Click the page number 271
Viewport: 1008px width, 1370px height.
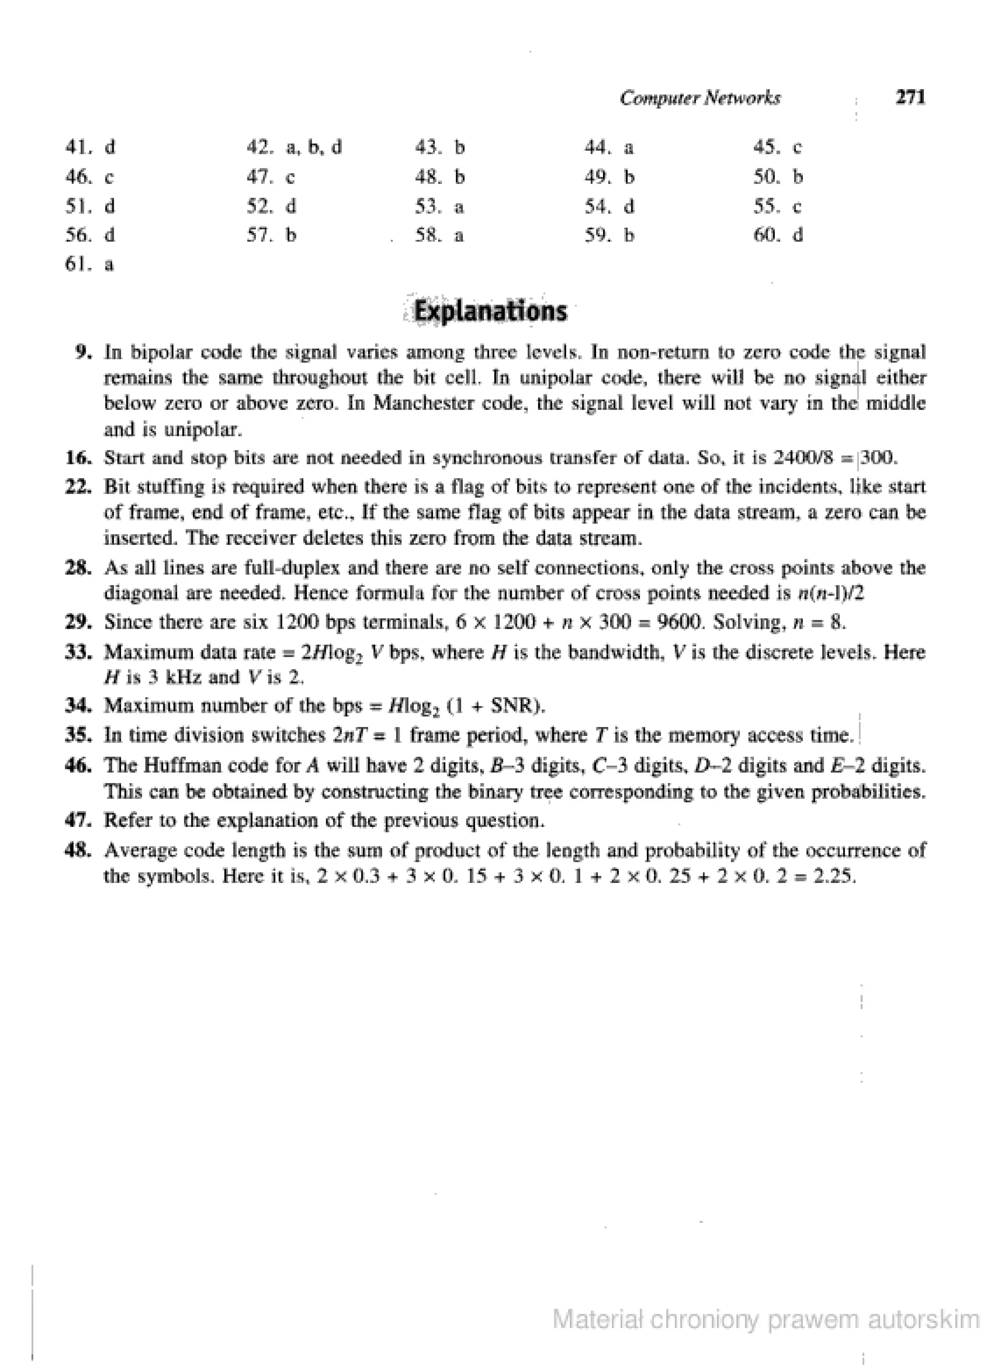pyautogui.click(x=910, y=97)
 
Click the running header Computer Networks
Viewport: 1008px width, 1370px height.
pyautogui.click(x=700, y=98)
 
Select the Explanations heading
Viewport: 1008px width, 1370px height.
pyautogui.click(x=491, y=311)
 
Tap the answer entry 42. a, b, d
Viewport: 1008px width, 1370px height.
pyautogui.click(x=294, y=148)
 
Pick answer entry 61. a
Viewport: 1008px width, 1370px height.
pyautogui.click(x=90, y=265)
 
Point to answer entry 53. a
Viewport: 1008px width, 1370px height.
pyautogui.click(x=440, y=207)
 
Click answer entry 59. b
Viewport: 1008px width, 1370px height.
pyautogui.click(x=609, y=235)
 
